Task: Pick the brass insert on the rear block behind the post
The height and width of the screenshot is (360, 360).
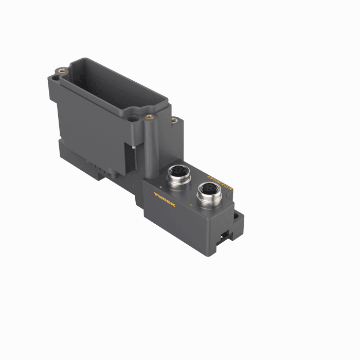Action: pyautogui.click(x=174, y=120)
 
